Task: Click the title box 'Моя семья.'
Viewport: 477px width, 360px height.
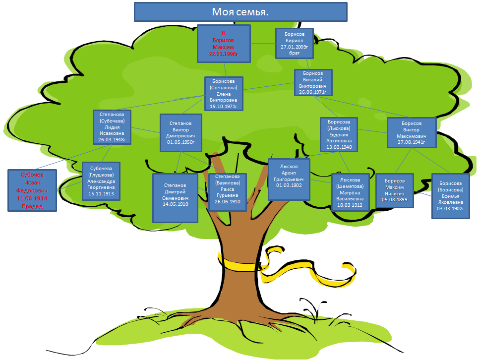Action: click(x=240, y=12)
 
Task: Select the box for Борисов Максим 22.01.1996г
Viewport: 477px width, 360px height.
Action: click(x=224, y=43)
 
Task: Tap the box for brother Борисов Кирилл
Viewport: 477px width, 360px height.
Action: click(x=295, y=44)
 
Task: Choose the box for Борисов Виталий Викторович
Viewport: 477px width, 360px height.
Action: click(x=312, y=82)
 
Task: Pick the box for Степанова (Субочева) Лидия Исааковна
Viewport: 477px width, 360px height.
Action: click(x=112, y=127)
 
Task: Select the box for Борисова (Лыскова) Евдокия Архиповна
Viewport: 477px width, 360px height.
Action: click(x=339, y=134)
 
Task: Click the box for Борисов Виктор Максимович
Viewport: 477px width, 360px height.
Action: click(x=412, y=133)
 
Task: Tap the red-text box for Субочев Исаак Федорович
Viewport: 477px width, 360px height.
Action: click(x=32, y=190)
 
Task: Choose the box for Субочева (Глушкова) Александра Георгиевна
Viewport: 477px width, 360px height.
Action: click(x=101, y=181)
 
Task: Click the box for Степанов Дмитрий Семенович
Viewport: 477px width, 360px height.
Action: click(x=175, y=197)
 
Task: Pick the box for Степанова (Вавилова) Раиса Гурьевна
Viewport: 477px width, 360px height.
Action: click(x=227, y=192)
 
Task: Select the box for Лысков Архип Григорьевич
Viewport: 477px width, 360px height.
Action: click(x=289, y=179)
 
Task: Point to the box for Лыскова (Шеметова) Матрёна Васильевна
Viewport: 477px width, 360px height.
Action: click(x=351, y=192)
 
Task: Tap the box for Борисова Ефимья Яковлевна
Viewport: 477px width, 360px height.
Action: click(x=450, y=195)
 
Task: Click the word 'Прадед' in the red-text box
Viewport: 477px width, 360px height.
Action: click(x=32, y=206)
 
